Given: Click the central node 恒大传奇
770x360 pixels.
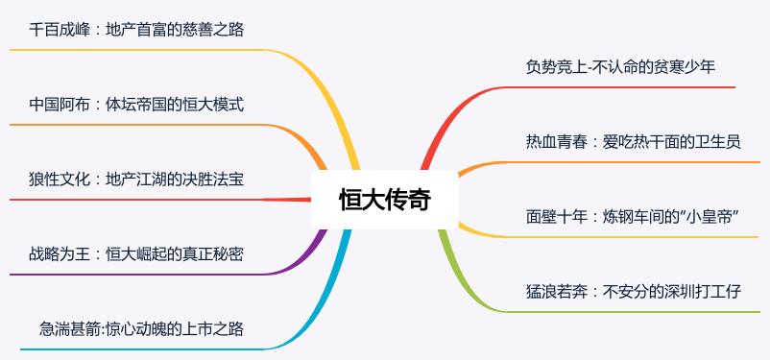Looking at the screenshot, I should click(385, 200).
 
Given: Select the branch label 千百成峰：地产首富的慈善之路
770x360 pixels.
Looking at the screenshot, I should click(136, 30).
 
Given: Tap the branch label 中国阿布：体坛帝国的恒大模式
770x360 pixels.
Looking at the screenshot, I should click(136, 104).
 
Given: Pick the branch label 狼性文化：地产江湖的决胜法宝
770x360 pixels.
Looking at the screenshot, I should click(136, 180).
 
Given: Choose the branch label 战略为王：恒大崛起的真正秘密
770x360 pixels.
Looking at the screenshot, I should click(136, 254).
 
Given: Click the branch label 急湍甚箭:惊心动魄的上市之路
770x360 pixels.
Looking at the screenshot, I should click(141, 329).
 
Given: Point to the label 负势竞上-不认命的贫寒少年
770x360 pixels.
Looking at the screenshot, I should click(620, 66).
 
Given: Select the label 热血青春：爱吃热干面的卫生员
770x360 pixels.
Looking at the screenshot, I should click(633, 142).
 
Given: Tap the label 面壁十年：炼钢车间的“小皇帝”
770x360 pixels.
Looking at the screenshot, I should click(632, 217).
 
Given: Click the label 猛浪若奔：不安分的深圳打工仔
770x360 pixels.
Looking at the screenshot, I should click(633, 292).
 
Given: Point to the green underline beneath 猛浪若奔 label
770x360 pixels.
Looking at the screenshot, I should click(624, 311).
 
